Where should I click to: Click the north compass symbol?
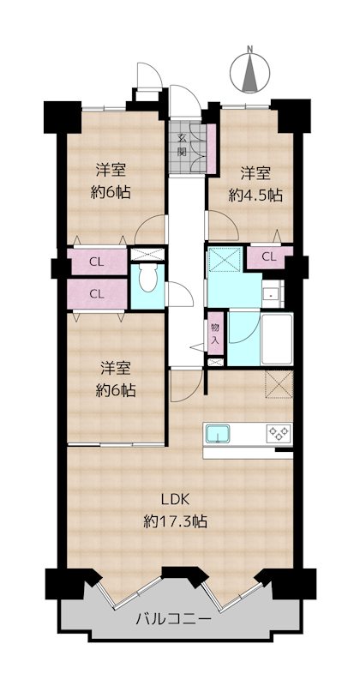[x=249, y=73]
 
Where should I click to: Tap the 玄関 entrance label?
[x=182, y=145]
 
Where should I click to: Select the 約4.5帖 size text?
[x=255, y=196]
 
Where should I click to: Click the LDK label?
[x=176, y=500]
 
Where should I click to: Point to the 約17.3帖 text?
[x=176, y=521]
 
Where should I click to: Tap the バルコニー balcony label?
[x=173, y=619]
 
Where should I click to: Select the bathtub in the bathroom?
[x=277, y=339]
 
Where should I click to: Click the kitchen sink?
[x=218, y=434]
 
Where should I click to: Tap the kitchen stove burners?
[x=279, y=433]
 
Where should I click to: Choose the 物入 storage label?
[x=214, y=333]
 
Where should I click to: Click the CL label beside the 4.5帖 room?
[x=269, y=257]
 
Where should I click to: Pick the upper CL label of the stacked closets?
[x=97, y=262]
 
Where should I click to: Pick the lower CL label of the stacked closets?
[x=97, y=293]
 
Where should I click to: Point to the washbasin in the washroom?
[x=273, y=294]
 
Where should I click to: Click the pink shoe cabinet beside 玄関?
[x=211, y=148]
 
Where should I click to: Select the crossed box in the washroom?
[x=225, y=260]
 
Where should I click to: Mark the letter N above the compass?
[x=249, y=49]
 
